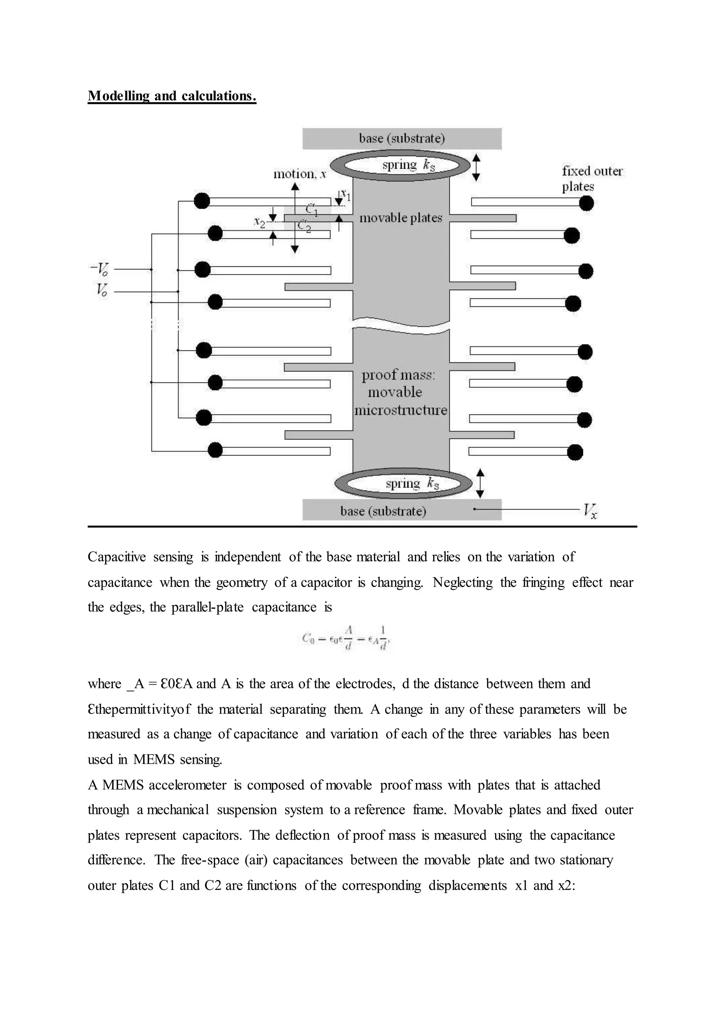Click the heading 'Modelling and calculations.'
pyautogui.click(x=172, y=96)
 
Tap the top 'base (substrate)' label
pyautogui.click(x=402, y=138)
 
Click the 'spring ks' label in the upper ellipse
pyautogui.click(x=408, y=165)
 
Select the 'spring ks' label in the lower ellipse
pyautogui.click(x=412, y=483)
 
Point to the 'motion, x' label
pyautogui.click(x=299, y=174)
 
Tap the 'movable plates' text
pyautogui.click(x=400, y=218)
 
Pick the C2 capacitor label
pyautogui.click(x=304, y=226)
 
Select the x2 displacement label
pyautogui.click(x=259, y=222)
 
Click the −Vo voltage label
pyautogui.click(x=100, y=269)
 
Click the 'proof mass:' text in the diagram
pyautogui.click(x=398, y=375)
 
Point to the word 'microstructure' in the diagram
pyautogui.click(x=400, y=410)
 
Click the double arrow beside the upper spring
pyautogui.click(x=476, y=167)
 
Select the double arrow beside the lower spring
pyautogui.click(x=480, y=483)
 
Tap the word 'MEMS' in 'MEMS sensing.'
pyautogui.click(x=154, y=760)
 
